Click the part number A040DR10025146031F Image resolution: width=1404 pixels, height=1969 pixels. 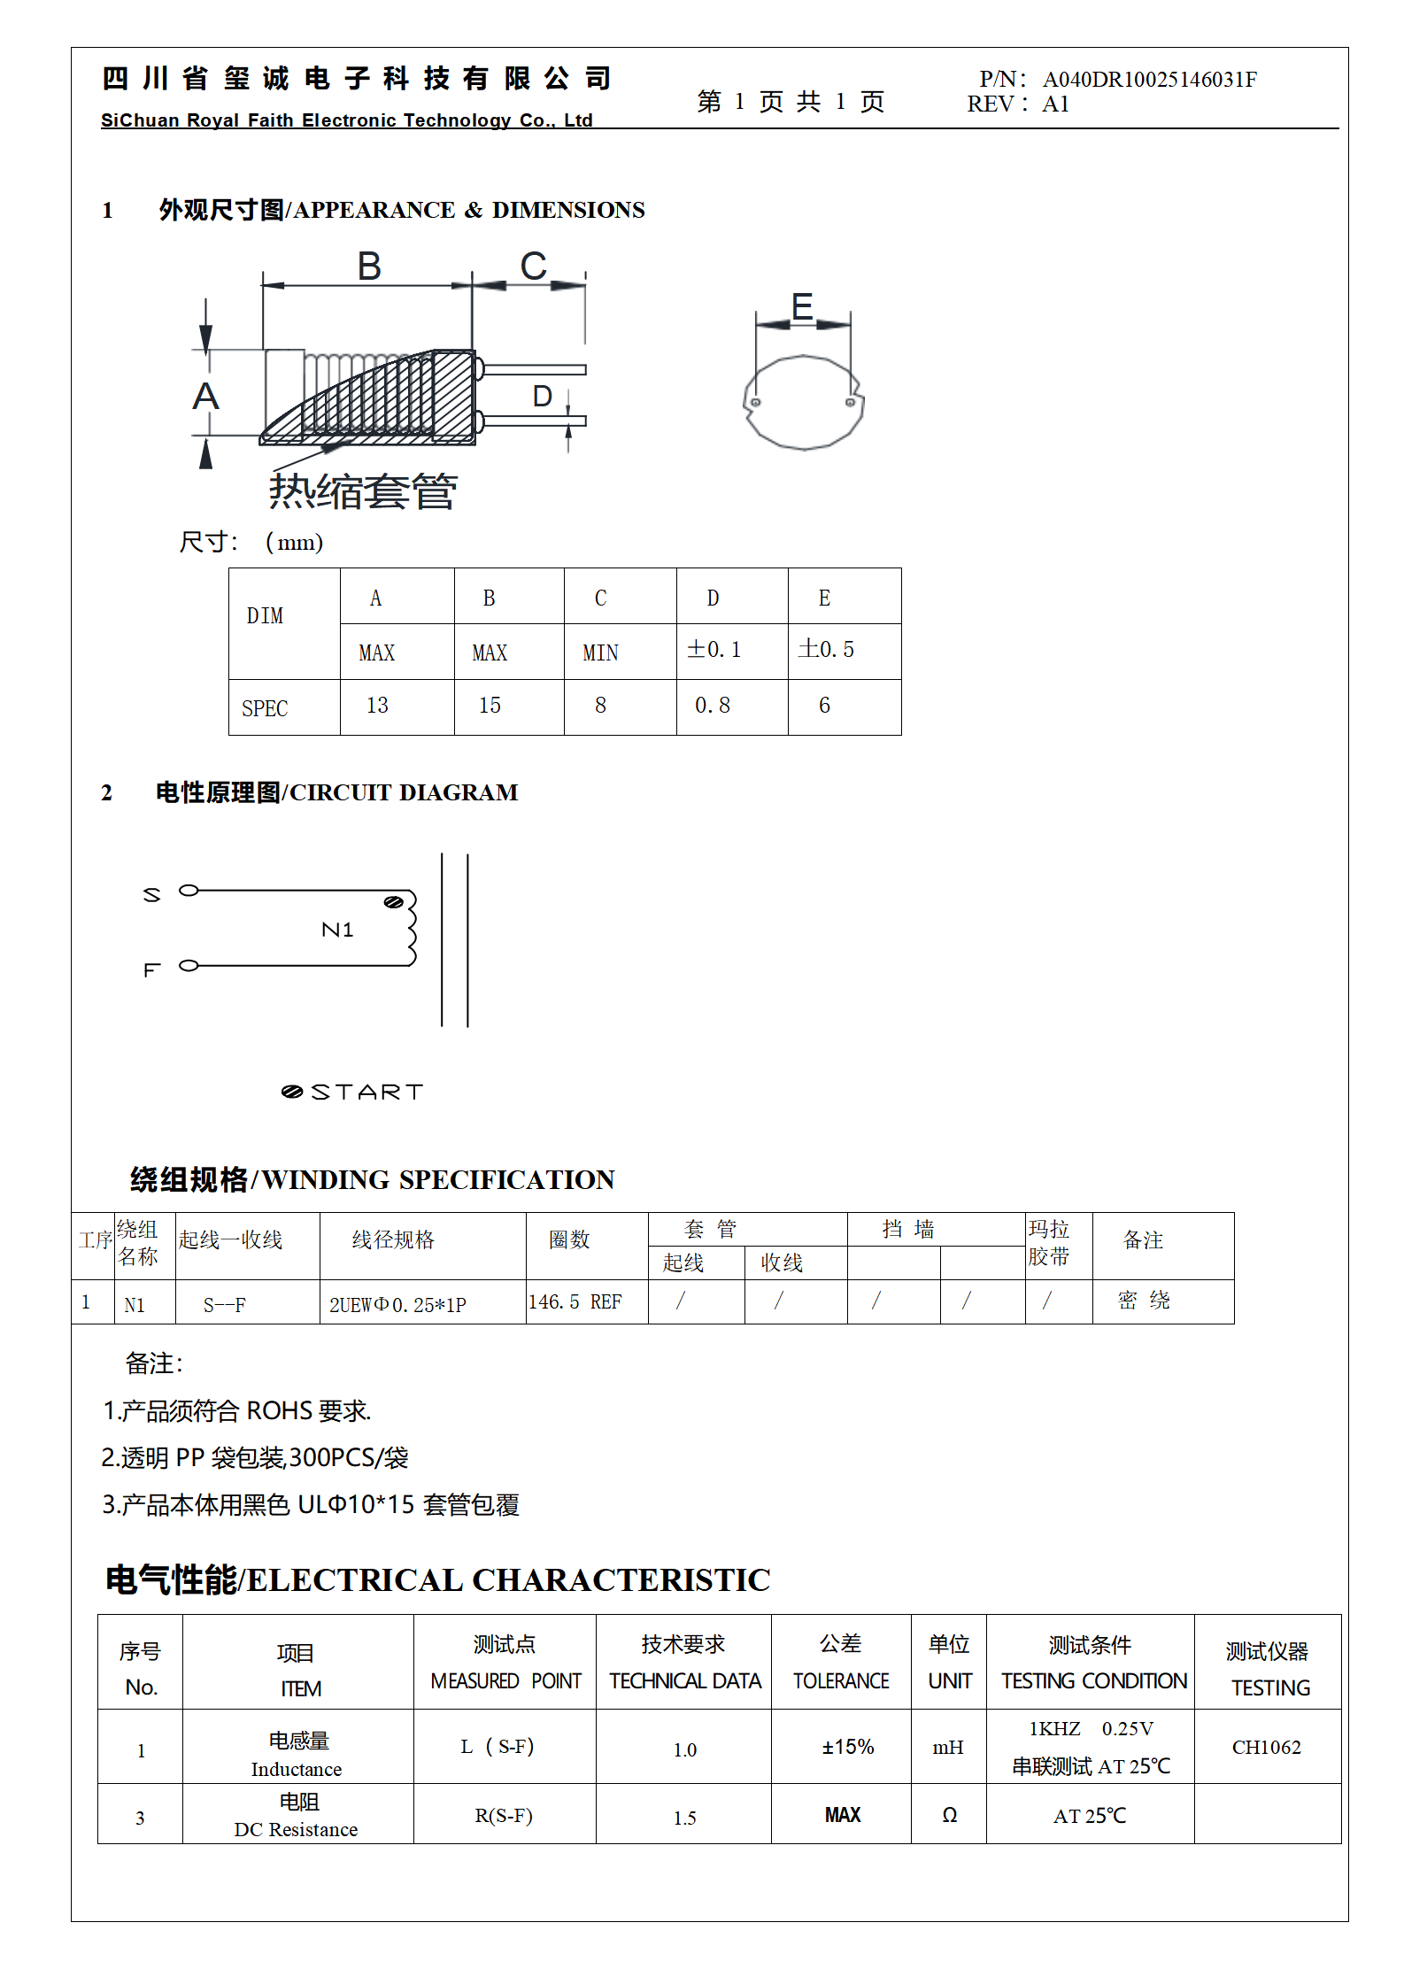[x=1149, y=80]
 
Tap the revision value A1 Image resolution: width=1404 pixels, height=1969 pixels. [x=1055, y=104]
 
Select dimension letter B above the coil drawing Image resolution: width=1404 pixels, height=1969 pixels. [x=369, y=266]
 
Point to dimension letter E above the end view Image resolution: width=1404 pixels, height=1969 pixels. [x=802, y=307]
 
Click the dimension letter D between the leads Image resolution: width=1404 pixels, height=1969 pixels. [x=542, y=397]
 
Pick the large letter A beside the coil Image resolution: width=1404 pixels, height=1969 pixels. [x=205, y=396]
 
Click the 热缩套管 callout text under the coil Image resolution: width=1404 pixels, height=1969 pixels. [x=363, y=491]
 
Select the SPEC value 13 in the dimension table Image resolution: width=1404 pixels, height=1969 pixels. [x=377, y=706]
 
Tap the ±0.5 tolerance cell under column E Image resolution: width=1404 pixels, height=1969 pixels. [x=826, y=650]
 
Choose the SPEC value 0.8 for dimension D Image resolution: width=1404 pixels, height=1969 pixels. [x=713, y=706]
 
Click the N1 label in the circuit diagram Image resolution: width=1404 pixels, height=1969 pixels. [x=337, y=930]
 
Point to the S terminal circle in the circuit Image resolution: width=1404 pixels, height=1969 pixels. [x=189, y=890]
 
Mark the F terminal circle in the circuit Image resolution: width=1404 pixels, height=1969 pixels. [x=189, y=965]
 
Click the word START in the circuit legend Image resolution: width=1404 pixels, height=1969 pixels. [x=366, y=1092]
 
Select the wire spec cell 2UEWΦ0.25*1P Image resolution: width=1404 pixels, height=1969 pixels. [x=397, y=1305]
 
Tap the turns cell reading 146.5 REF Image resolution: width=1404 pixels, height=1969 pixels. [x=575, y=1302]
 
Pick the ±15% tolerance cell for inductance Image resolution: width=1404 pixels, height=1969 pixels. [x=847, y=1747]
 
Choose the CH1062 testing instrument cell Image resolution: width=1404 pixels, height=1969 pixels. [x=1266, y=1747]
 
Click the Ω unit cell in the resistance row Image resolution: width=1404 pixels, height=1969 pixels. [x=949, y=1816]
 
